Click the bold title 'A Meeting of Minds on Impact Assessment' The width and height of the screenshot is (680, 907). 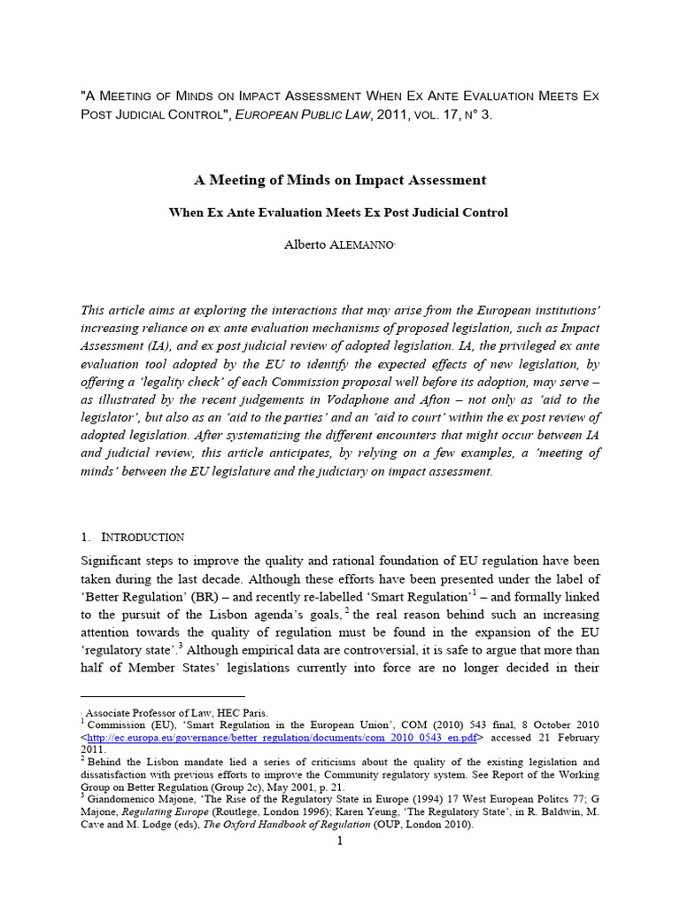pos(340,180)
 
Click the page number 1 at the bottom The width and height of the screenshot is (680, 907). pos(339,841)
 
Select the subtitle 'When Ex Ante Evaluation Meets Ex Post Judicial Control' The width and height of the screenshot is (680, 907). pos(340,213)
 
